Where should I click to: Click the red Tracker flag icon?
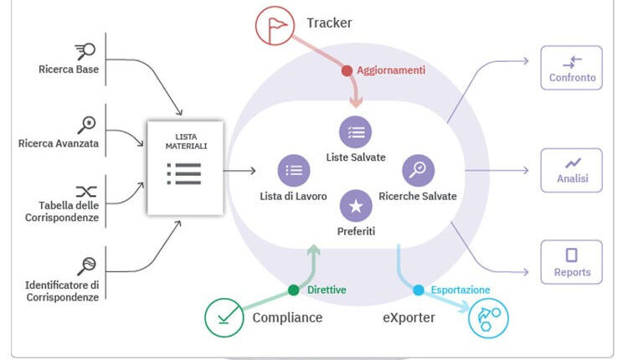pyautogui.click(x=275, y=26)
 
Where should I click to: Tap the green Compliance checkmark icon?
pyautogui.click(x=224, y=318)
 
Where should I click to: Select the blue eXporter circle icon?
pyautogui.click(x=488, y=318)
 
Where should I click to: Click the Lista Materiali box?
pyautogui.click(x=185, y=167)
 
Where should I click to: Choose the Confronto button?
pyautogui.click(x=572, y=68)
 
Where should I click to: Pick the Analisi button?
pyautogui.click(x=572, y=170)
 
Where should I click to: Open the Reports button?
pyautogui.click(x=572, y=262)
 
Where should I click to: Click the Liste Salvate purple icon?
pyautogui.click(x=356, y=132)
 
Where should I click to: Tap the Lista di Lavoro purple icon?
pyautogui.click(x=294, y=170)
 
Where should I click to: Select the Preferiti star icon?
pyautogui.click(x=356, y=205)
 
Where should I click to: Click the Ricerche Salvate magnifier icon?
pyautogui.click(x=418, y=170)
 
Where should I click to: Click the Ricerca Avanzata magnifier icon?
pyautogui.click(x=86, y=125)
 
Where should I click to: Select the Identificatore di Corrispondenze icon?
pyautogui.click(x=85, y=266)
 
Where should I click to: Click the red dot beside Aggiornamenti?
pyautogui.click(x=347, y=71)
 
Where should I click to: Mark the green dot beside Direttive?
pyautogui.click(x=294, y=291)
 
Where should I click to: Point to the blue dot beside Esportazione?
pyautogui.click(x=419, y=291)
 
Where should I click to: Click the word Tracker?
pyautogui.click(x=329, y=23)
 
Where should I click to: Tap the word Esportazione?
pyautogui.click(x=461, y=291)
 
